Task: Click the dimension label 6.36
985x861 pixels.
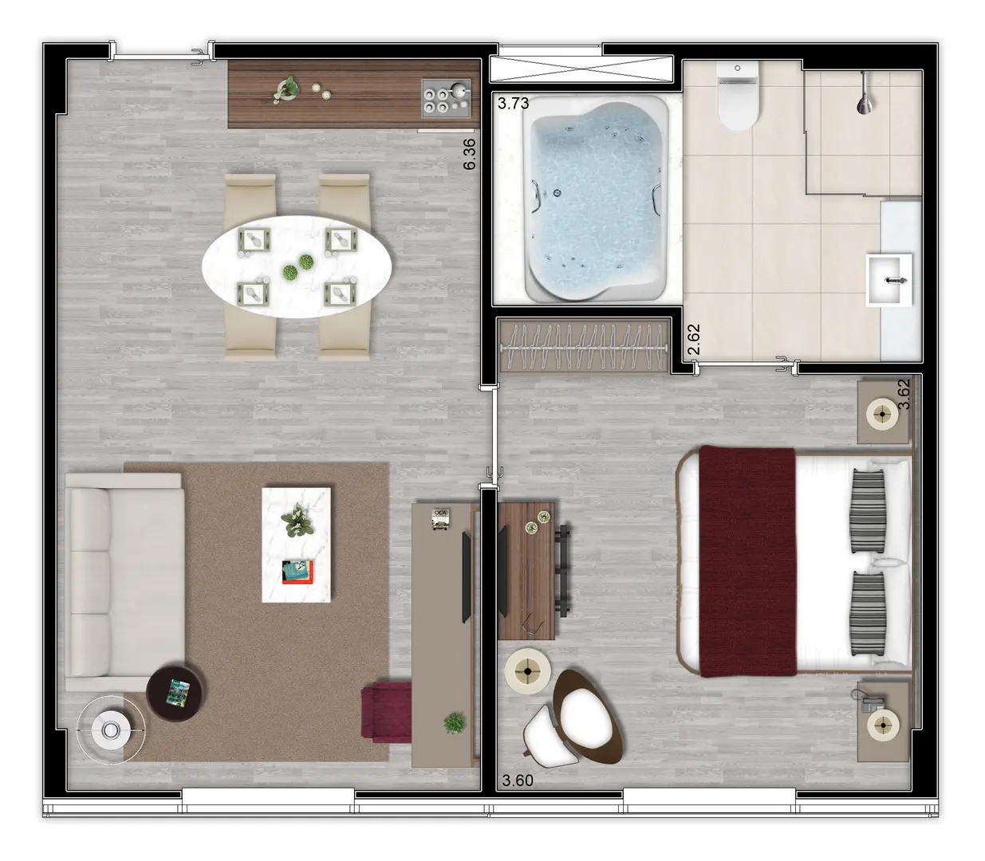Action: click(x=469, y=154)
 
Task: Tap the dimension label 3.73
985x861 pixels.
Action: click(x=513, y=103)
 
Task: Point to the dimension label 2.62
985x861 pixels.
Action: click(x=694, y=340)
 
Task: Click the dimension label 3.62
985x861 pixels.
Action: click(x=904, y=394)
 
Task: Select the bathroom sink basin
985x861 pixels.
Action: click(x=888, y=280)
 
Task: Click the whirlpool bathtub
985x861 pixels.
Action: click(x=596, y=199)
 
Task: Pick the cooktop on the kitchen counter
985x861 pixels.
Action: click(x=446, y=99)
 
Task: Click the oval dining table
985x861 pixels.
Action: click(x=297, y=266)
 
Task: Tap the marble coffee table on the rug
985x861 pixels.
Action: click(x=296, y=545)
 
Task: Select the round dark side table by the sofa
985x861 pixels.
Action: click(x=175, y=693)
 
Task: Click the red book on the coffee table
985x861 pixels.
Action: click(x=297, y=572)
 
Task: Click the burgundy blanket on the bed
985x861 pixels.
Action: click(x=747, y=561)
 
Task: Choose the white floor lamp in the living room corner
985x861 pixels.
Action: click(x=111, y=729)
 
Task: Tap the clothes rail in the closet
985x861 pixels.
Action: click(x=584, y=346)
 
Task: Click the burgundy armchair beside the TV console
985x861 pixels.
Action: click(x=386, y=712)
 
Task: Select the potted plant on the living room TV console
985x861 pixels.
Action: click(x=455, y=723)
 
